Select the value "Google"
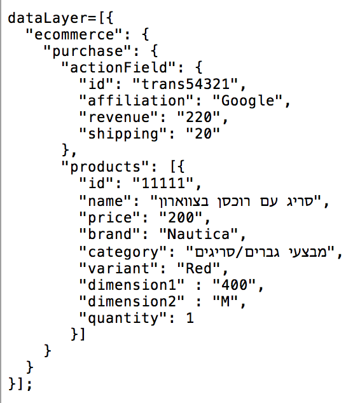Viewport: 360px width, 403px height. (x=247, y=100)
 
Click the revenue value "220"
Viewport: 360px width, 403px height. (x=198, y=117)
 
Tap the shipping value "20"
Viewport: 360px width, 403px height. (x=203, y=133)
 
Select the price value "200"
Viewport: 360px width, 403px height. (x=181, y=217)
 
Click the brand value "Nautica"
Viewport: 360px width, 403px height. (x=198, y=234)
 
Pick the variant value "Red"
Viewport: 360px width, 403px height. (x=198, y=268)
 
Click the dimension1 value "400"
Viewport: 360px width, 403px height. (x=234, y=285)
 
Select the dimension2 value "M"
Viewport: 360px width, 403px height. (x=225, y=301)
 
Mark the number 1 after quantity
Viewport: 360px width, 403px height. (x=190, y=318)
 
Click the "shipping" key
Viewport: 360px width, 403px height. (x=123, y=134)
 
